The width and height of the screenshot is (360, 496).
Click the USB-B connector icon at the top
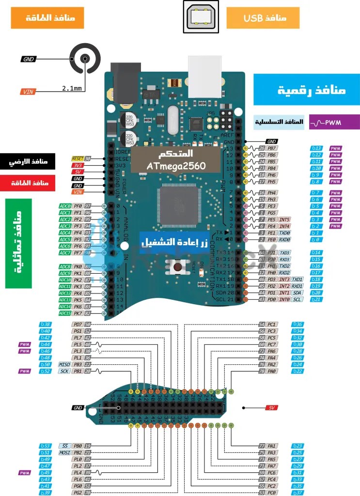(x=201, y=17)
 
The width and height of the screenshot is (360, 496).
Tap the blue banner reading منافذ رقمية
(x=306, y=90)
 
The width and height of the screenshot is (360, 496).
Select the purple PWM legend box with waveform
(x=334, y=123)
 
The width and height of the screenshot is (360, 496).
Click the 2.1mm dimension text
(x=72, y=88)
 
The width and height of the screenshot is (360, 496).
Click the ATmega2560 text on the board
(x=176, y=166)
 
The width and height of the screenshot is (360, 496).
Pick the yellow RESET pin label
(x=78, y=158)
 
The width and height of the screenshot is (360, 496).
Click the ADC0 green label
(x=65, y=206)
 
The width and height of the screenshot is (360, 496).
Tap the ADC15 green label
(x=65, y=313)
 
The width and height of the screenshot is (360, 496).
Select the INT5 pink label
(x=284, y=219)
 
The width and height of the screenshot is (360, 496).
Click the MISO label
(x=64, y=364)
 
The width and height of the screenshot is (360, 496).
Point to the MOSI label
(x=65, y=452)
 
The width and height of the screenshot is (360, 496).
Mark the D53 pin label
(x=46, y=446)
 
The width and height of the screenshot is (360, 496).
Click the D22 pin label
(x=297, y=371)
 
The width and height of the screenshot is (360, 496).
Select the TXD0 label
(x=284, y=233)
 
